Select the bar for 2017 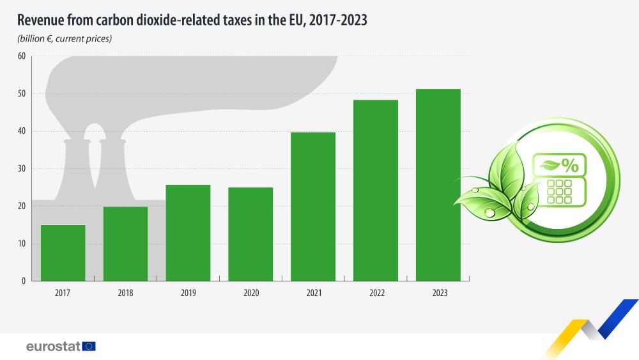tap(63, 253)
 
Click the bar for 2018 tap(125, 244)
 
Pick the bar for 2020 tap(250, 234)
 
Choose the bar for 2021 tap(313, 207)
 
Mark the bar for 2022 tap(376, 191)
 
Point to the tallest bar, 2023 tap(438, 185)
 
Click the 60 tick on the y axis tap(21, 56)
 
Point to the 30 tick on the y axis tap(21, 169)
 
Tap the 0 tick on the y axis tap(23, 281)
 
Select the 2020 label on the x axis tap(250, 293)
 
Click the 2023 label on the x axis tap(438, 293)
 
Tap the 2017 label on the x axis tap(63, 293)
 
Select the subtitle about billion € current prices tap(65, 39)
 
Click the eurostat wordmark tap(52, 347)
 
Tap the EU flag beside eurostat tap(89, 347)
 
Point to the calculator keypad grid tap(559, 191)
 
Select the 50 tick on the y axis tap(21, 94)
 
